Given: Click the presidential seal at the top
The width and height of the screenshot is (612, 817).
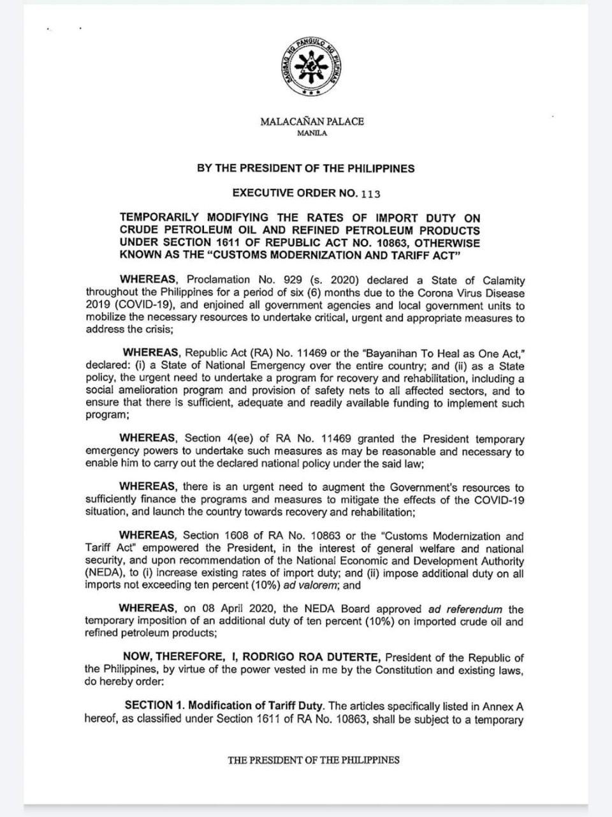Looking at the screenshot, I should [x=312, y=66].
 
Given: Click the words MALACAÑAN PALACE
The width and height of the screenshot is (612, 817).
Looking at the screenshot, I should [x=312, y=121].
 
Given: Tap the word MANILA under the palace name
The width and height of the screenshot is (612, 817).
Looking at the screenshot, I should [x=312, y=133].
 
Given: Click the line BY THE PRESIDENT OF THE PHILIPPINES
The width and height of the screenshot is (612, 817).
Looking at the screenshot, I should [x=305, y=169].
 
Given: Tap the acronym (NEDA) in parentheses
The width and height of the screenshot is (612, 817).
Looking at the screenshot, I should [x=104, y=573].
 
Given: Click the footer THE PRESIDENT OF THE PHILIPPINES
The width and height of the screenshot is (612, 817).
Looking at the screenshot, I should [x=314, y=760].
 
